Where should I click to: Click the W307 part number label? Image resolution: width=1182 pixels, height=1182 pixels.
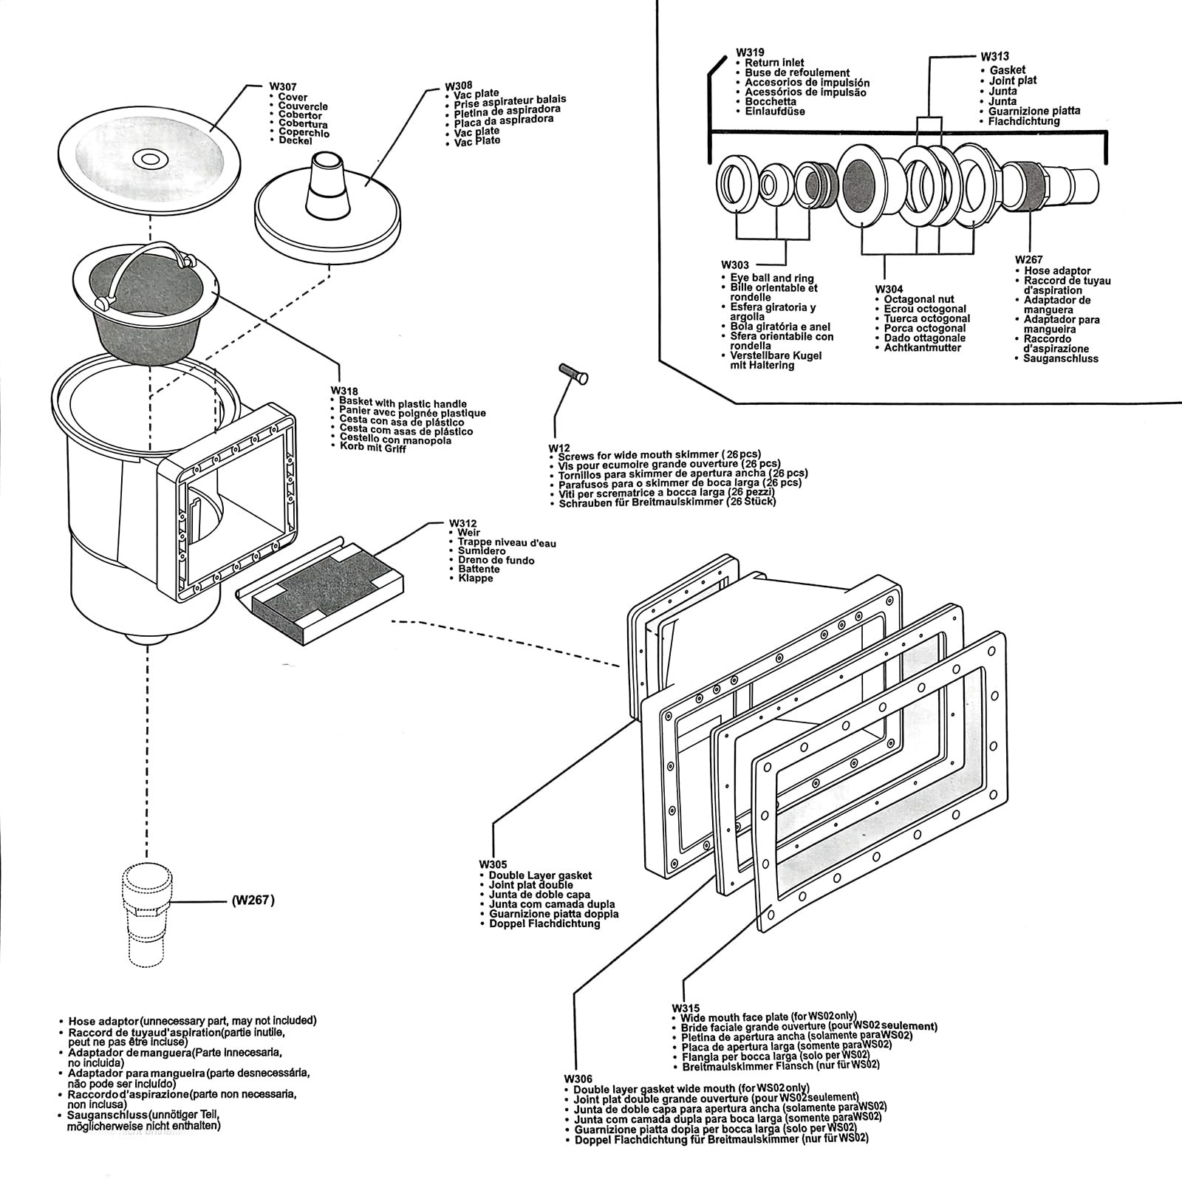[283, 87]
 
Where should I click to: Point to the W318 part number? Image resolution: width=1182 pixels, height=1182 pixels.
[344, 391]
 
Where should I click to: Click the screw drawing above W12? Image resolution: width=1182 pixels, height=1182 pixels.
[574, 374]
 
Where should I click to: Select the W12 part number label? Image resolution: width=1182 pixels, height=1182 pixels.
[558, 448]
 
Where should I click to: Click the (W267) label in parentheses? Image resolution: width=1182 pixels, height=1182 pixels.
[253, 901]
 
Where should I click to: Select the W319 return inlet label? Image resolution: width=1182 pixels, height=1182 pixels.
[749, 53]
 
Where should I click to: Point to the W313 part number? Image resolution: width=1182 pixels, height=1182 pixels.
[994, 56]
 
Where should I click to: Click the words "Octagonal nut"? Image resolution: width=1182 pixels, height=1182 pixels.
[919, 299]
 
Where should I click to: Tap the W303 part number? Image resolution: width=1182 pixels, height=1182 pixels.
[735, 264]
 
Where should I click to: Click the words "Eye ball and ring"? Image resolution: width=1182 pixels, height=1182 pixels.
[772, 278]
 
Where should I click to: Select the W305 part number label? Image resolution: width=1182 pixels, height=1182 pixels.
[493, 864]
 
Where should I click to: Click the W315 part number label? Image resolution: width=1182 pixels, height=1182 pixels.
[686, 1008]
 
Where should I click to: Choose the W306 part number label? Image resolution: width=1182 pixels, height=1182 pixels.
[578, 1079]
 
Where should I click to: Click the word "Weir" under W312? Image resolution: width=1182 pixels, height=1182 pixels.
[469, 533]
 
